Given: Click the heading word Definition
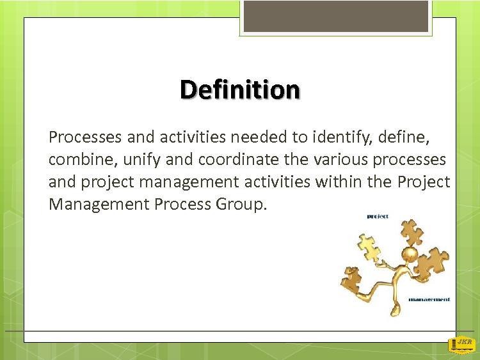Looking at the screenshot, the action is pos(240,90).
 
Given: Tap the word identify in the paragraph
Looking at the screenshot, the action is pos(342,137).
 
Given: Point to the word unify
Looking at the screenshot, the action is pos(141,160).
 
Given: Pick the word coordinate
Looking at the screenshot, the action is pos(239,159).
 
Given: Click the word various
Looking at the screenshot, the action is pos(340,159).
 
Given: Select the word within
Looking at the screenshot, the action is pos(339,182).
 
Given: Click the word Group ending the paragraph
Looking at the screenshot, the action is pos(240,205).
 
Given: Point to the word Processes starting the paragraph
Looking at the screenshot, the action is pos(85,137).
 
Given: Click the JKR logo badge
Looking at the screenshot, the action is pos(462,345).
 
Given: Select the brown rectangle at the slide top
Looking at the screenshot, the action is pos(336,16).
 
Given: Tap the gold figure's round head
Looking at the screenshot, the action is pos(410,254).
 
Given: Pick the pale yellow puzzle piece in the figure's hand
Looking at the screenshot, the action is pos(369,247).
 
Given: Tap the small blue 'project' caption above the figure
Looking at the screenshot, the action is pos(378,217).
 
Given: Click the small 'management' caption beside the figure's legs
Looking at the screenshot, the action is pos(429,299).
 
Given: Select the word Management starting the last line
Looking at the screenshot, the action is pos(99,205).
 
